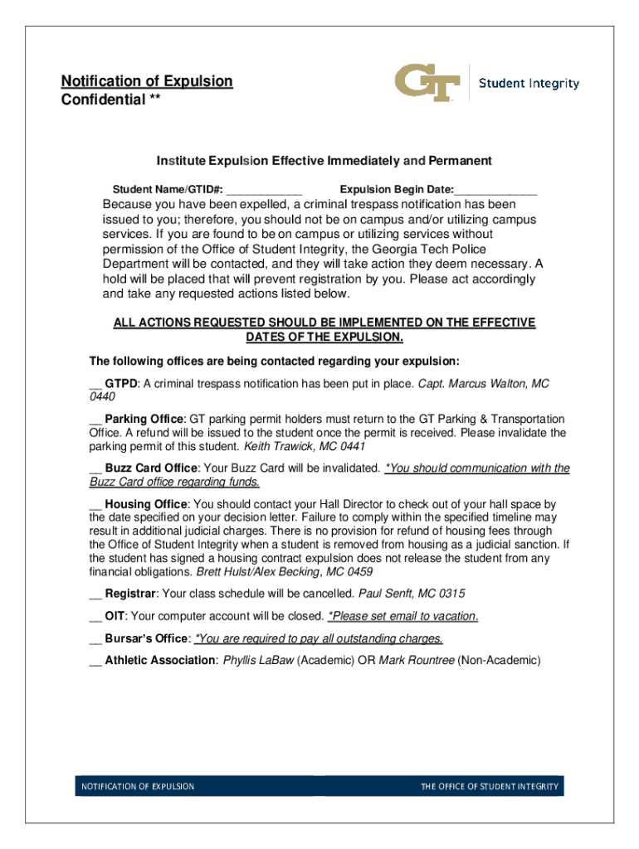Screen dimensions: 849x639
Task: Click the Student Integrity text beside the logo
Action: (x=529, y=84)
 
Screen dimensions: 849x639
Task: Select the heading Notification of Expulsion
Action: (x=147, y=81)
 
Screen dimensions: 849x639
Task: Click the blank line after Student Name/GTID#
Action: (x=264, y=190)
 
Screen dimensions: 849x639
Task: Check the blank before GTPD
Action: (x=95, y=385)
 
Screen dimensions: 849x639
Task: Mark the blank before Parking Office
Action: (x=95, y=420)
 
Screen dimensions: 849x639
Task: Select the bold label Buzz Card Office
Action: (x=151, y=468)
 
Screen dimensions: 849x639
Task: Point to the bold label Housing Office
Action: (x=146, y=504)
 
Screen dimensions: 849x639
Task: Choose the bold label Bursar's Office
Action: (x=147, y=638)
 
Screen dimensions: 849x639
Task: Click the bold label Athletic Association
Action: (x=160, y=661)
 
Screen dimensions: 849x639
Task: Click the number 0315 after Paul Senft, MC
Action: (x=451, y=594)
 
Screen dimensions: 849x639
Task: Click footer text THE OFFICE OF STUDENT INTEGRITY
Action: (x=489, y=787)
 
